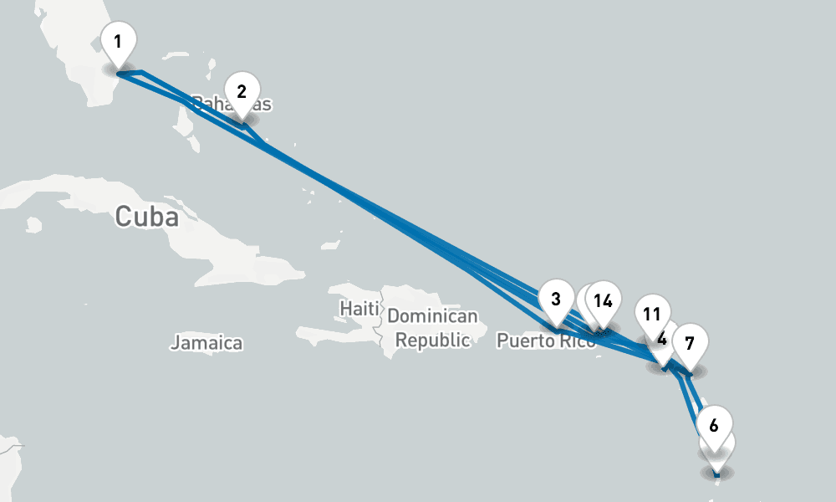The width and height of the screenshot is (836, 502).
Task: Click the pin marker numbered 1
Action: pos(118,43)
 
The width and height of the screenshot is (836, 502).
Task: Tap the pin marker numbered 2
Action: pos(242,93)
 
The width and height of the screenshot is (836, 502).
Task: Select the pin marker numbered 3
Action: pos(556,300)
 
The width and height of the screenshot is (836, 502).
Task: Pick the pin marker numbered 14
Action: pos(604,301)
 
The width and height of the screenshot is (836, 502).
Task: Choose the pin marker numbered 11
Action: pos(653,315)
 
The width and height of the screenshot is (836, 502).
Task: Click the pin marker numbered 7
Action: pos(689,344)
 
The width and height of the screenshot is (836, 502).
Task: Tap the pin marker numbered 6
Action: pos(713,425)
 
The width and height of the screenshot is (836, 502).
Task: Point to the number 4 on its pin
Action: pos(662,340)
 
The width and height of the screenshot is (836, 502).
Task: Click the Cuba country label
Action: pos(147,217)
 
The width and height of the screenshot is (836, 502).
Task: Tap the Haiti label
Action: pos(359,308)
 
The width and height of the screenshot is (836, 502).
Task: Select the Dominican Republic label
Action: pos(431,328)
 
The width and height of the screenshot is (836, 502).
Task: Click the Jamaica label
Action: pos(206,342)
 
